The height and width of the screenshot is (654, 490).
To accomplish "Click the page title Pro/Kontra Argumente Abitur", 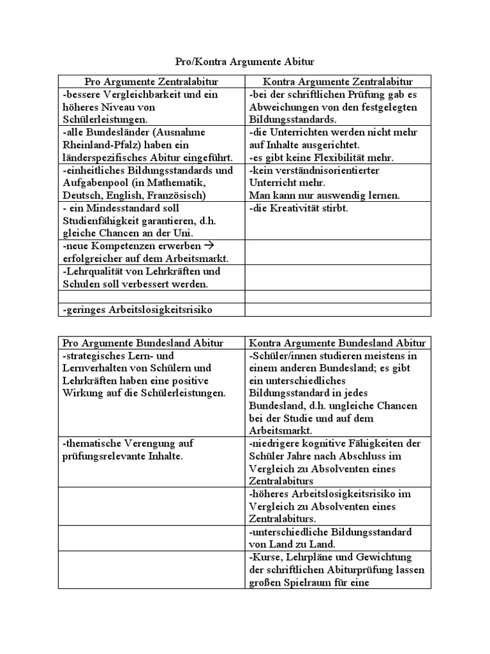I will point(245,62).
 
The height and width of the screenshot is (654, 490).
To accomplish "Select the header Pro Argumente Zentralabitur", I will point(152,82).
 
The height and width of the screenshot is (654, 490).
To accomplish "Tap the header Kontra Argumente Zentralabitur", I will point(338,82).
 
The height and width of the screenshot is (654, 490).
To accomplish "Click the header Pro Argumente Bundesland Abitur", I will point(152,343).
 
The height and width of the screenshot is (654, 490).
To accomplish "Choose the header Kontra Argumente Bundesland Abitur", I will point(338,343).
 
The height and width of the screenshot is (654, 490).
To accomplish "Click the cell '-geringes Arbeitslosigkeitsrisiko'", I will point(137,310).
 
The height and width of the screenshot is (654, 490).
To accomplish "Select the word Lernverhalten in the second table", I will point(98,368).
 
